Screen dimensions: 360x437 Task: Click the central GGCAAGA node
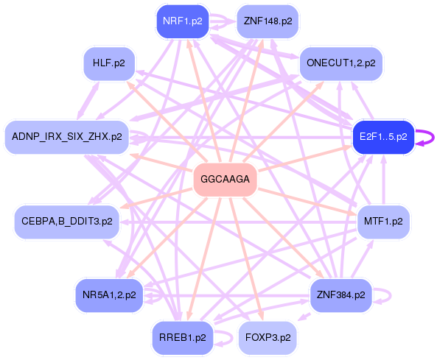[225, 180]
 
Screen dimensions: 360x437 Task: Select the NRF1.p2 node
[181, 21]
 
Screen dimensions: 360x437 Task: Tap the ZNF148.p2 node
[268, 21]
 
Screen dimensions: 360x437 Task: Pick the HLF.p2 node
[109, 63]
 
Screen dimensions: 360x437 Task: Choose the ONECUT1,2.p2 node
[340, 63]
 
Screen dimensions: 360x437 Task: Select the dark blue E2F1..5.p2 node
[383, 137]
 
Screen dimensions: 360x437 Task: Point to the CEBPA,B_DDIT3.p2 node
[67, 221]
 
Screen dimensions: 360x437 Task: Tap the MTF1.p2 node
[383, 221]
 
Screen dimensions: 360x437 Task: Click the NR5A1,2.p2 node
[109, 295]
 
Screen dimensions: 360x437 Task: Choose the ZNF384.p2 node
[340, 295]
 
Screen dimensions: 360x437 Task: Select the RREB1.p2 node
[181, 337]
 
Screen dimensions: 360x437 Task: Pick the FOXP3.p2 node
[268, 337]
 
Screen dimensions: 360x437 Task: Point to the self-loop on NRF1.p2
[220, 21]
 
